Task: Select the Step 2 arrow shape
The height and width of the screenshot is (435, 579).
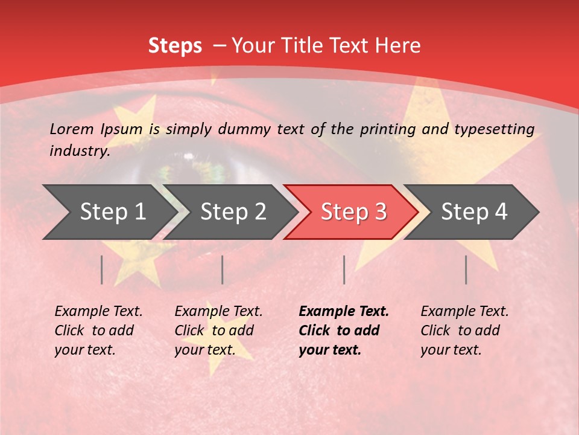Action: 232,212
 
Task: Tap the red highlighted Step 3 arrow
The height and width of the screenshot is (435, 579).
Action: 353,212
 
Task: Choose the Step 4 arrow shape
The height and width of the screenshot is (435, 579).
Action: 473,212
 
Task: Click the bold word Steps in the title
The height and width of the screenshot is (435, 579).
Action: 175,46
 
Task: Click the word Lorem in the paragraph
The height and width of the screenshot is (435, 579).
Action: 72,129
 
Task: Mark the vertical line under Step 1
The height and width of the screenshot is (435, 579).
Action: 102,269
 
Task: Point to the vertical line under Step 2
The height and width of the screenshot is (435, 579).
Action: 223,269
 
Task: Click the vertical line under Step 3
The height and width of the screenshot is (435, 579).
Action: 344,269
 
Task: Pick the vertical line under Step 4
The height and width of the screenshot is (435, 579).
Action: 466,269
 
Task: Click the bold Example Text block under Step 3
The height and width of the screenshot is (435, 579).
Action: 344,330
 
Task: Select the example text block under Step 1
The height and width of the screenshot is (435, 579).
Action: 98,330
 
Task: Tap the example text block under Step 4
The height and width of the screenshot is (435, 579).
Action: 464,330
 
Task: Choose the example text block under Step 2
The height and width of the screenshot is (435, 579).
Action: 218,330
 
